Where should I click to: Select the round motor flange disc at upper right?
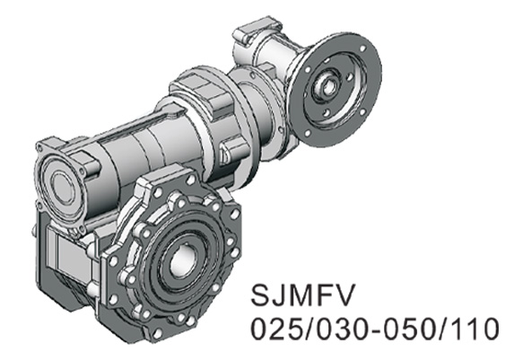[345, 72]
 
